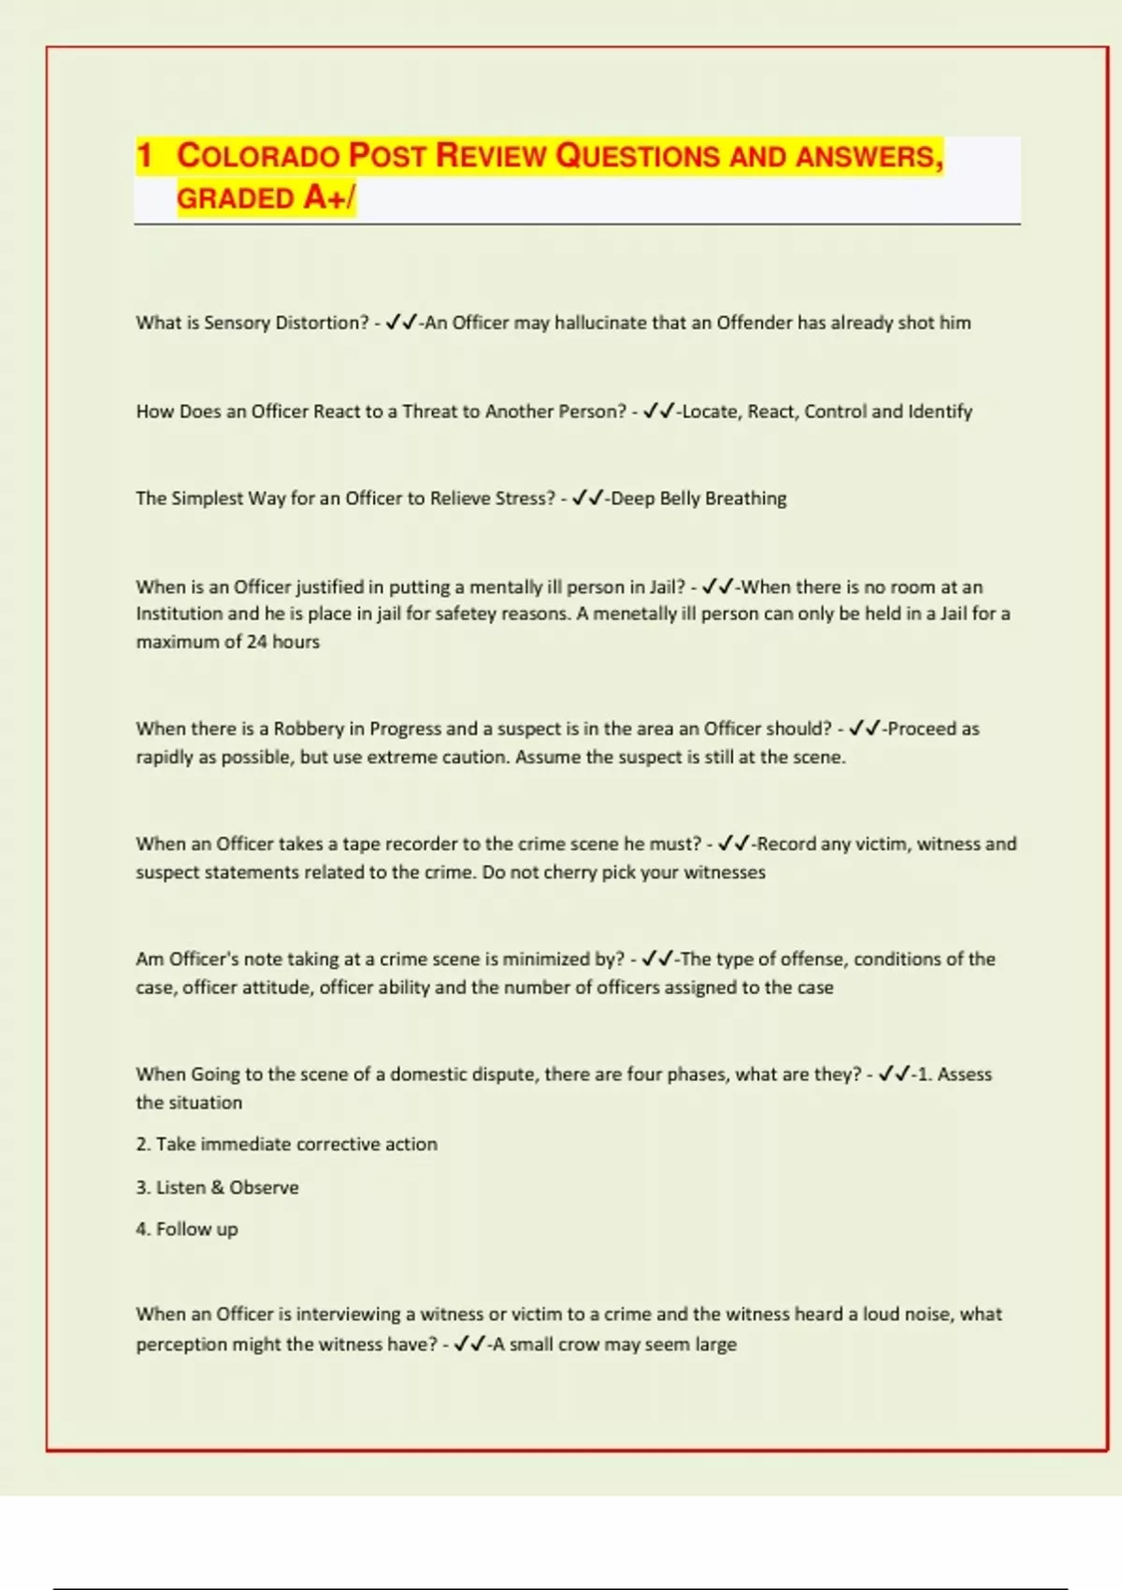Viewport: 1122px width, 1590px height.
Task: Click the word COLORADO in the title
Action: coord(258,155)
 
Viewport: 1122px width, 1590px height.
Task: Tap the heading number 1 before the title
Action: coord(144,155)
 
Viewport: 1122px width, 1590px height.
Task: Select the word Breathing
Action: coord(745,499)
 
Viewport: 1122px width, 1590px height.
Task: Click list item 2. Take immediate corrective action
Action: coord(286,1144)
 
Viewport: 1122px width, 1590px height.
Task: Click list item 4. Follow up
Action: coord(187,1229)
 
